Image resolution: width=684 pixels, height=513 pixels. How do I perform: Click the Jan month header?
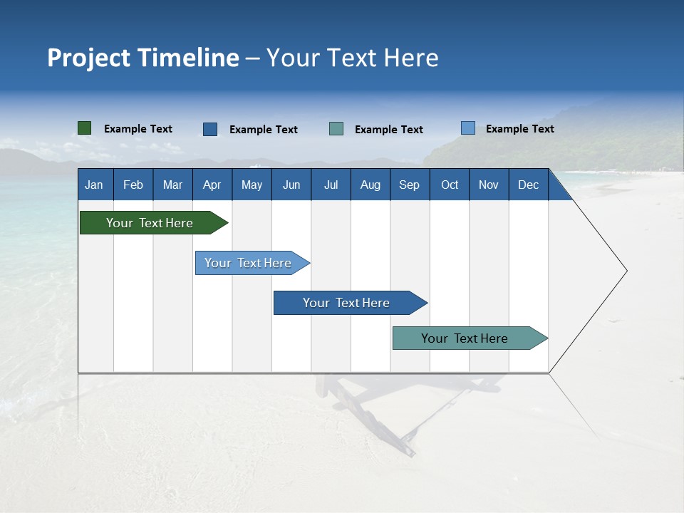(x=94, y=185)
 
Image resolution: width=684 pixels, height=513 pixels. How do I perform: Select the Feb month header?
(x=133, y=185)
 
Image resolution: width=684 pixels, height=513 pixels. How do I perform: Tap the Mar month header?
(x=172, y=185)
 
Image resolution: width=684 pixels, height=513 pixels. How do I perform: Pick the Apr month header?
(x=212, y=185)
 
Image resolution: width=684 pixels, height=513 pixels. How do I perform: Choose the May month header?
(x=252, y=185)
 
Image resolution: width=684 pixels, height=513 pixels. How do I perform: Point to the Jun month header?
(x=291, y=185)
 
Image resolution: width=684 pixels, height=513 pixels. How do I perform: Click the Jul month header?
(x=331, y=185)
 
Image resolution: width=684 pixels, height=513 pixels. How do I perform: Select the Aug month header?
(x=370, y=185)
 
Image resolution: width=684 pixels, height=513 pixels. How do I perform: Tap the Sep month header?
(x=409, y=185)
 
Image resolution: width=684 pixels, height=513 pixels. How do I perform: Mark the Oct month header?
(x=450, y=185)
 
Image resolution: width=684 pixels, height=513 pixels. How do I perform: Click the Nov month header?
(x=489, y=185)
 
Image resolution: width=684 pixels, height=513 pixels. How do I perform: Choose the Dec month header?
(x=529, y=185)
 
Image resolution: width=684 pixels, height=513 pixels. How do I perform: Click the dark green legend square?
(x=84, y=128)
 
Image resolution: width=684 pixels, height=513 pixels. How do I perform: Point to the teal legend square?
(x=336, y=129)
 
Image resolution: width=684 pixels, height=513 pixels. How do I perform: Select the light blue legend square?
(x=467, y=128)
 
